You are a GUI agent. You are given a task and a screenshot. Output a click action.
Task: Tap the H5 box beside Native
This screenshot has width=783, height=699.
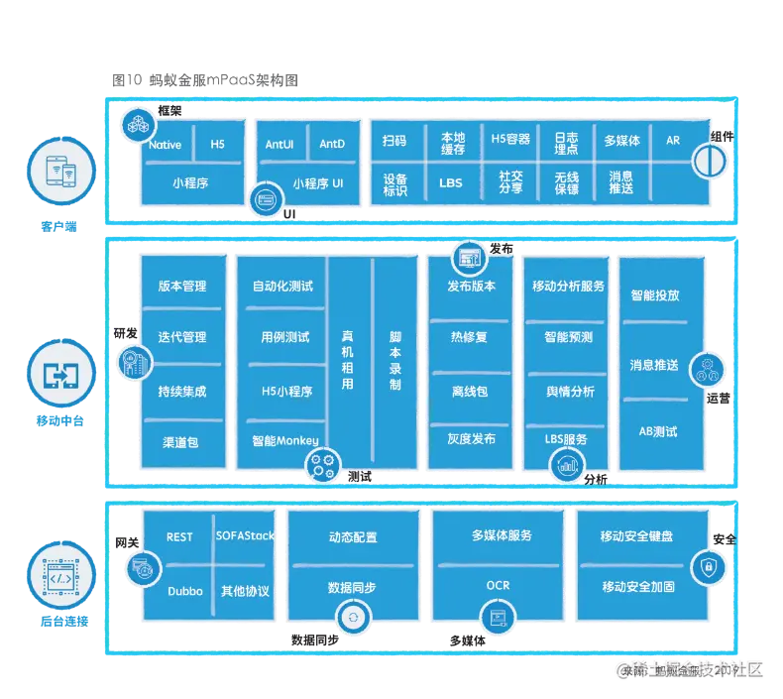[217, 145]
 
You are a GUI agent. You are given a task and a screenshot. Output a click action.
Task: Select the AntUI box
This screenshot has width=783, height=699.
[280, 145]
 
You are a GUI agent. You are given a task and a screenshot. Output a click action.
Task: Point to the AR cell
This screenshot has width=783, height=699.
[673, 141]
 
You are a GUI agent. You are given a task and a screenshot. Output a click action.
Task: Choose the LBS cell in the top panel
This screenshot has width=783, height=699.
[450, 183]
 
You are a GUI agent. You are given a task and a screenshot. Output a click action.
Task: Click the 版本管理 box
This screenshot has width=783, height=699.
[182, 286]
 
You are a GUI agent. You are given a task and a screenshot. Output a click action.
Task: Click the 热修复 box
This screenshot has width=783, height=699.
[469, 337]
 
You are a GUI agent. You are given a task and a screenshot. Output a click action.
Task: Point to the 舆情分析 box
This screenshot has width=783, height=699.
[570, 392]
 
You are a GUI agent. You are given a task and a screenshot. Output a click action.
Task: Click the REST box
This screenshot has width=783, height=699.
[179, 536]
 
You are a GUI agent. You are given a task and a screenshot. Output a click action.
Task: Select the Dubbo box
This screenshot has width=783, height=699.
[184, 591]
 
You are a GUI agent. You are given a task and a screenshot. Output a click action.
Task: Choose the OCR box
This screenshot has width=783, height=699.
[498, 586]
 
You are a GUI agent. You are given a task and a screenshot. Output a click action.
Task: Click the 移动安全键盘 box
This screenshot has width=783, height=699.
[636, 536]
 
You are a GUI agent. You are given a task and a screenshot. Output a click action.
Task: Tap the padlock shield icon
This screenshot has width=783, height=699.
[709, 565]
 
